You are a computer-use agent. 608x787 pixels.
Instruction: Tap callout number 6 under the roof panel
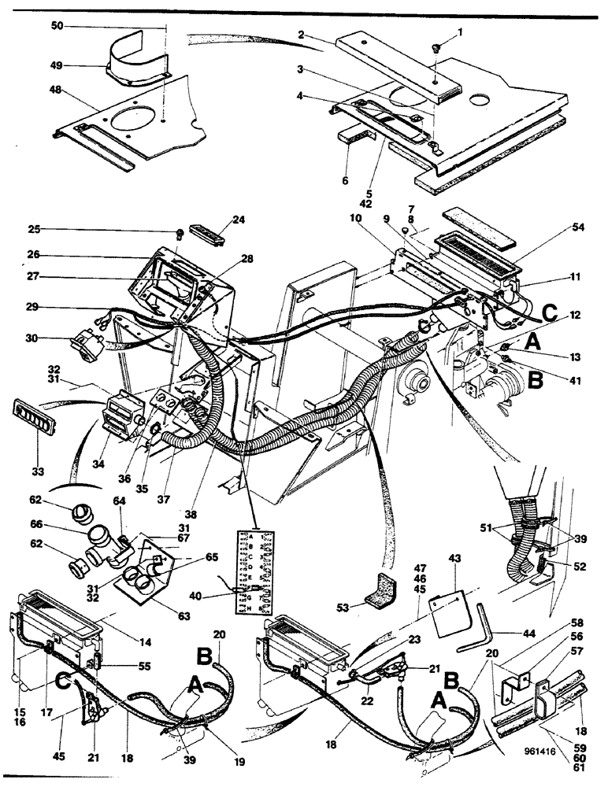click(343, 180)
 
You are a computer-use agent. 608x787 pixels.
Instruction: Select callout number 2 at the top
click(301, 35)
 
